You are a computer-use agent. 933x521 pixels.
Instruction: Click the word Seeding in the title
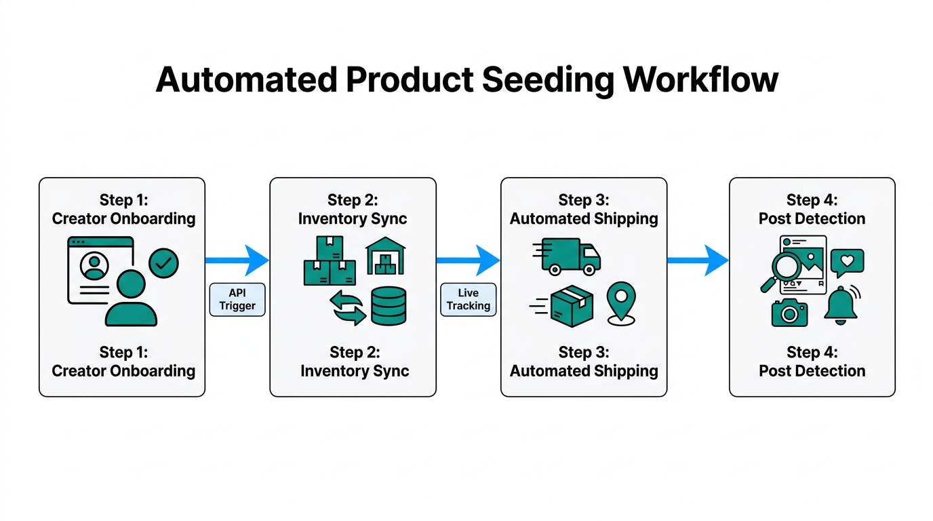[x=547, y=80]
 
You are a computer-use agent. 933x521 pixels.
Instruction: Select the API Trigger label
[x=237, y=299]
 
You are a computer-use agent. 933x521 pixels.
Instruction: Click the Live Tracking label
[x=468, y=299]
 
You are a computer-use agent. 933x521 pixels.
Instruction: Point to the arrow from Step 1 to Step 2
[x=237, y=260]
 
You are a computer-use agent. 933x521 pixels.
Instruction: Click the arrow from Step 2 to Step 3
[x=468, y=260]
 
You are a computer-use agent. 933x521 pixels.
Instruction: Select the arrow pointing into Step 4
[x=698, y=260]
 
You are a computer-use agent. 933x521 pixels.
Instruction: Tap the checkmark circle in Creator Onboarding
[x=163, y=263]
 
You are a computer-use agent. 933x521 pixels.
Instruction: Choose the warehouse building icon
[x=385, y=256]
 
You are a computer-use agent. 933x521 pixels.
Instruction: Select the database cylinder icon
[x=389, y=306]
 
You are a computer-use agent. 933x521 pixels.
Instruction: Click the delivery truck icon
[x=568, y=256]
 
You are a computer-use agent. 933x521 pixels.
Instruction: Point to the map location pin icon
[x=620, y=303]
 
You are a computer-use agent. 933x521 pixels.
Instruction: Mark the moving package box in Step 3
[x=571, y=305]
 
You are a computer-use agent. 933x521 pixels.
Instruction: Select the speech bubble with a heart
[x=847, y=263]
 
